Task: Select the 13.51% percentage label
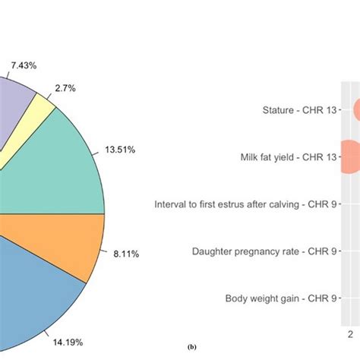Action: tap(120, 151)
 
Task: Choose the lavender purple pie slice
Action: tap(15, 106)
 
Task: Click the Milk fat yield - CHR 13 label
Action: tap(286, 157)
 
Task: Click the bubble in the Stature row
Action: tap(356, 110)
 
